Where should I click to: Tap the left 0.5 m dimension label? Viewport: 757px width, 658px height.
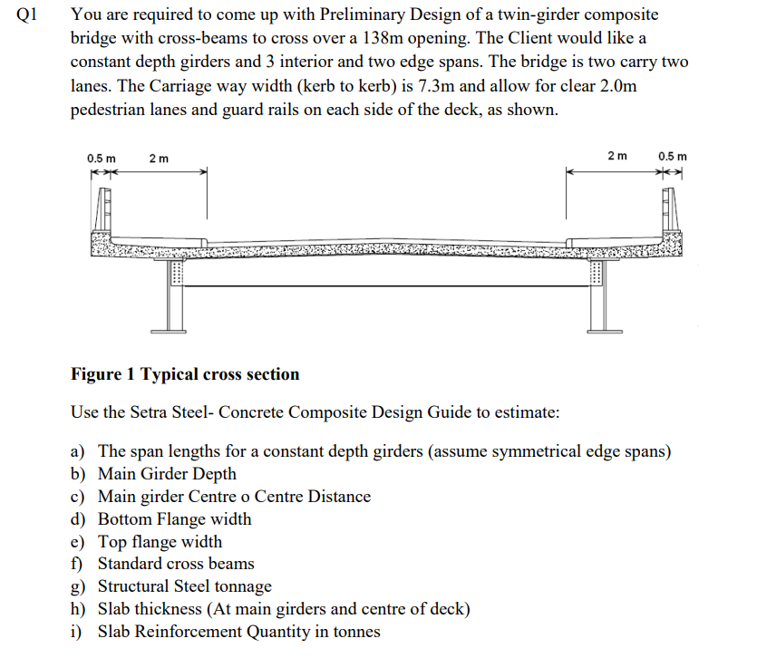click(102, 159)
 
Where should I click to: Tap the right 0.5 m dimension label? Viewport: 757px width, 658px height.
click(673, 156)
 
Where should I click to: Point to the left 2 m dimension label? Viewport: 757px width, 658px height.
click(158, 159)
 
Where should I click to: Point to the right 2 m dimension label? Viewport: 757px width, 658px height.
click(617, 156)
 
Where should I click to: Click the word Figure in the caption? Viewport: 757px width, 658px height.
click(94, 374)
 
